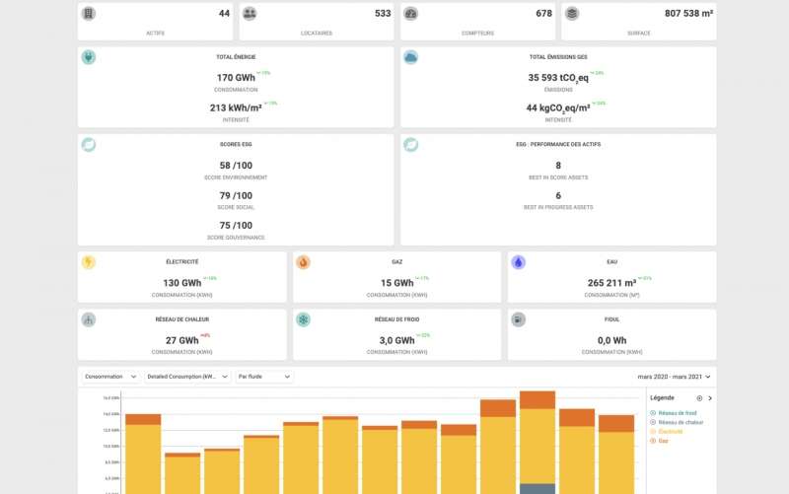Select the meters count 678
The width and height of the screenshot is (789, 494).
coord(543,14)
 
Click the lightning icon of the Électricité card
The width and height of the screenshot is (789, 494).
coord(89,263)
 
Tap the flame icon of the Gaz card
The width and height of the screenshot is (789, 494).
coord(303,263)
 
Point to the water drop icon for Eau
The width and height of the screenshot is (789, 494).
coord(518,263)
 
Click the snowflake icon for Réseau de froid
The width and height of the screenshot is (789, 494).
coord(303,319)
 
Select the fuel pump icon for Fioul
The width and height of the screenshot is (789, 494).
coord(518,319)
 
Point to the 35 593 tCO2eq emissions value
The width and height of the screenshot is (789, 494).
coord(557,77)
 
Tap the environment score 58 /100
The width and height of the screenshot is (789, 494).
coord(236,166)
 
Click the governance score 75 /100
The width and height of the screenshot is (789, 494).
coord(236,225)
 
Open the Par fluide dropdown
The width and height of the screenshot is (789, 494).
coord(263,377)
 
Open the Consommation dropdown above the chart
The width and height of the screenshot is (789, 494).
coord(111,377)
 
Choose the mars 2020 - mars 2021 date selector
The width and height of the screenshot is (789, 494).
coord(674,377)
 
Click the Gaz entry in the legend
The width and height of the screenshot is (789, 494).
coord(664,441)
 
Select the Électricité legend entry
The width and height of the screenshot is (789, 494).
coord(671,432)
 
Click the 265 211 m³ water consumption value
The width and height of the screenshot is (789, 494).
coord(612,283)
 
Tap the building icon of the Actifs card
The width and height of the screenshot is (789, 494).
coord(89,14)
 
